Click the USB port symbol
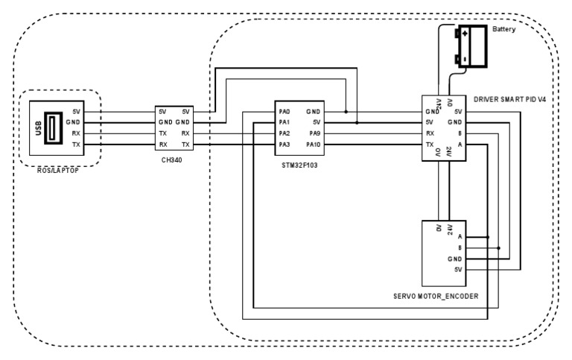[54, 128]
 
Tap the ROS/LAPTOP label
[58, 171]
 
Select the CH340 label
[172, 160]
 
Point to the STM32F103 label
[299, 165]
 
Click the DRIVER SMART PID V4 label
[509, 99]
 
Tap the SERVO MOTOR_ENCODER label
[436, 296]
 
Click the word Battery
[503, 29]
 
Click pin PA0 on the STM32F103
[285, 112]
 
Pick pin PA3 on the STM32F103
[285, 145]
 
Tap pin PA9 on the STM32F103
[315, 133]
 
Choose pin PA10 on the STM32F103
[314, 145]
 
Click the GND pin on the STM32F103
[314, 112]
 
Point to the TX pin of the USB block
[76, 145]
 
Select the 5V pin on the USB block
[76, 112]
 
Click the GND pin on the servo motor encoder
[455, 259]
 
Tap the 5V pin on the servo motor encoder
[458, 270]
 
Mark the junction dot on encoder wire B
[499, 248]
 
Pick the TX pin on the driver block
[430, 145]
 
